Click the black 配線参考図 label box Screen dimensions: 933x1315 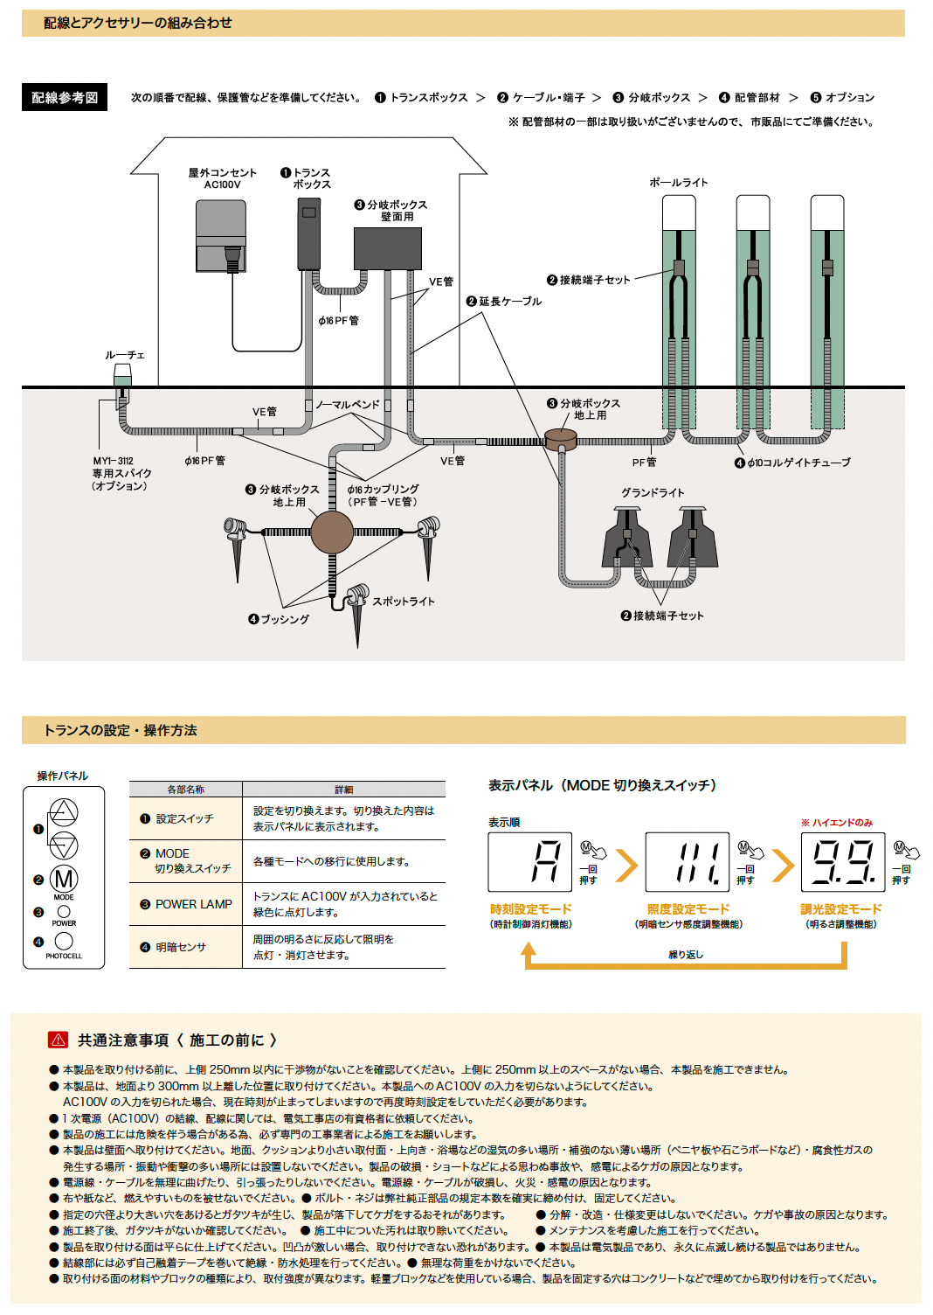pos(65,97)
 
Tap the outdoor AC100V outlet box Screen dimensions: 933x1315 pos(220,236)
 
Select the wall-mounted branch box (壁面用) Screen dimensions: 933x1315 pos(388,249)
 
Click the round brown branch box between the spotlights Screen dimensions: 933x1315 pos(332,532)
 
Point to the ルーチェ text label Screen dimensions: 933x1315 pos(124,355)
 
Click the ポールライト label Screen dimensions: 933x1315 pos(679,183)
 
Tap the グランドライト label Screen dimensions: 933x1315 pos(653,492)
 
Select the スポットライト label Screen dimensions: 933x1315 pos(404,602)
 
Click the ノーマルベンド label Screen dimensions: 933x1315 pos(348,405)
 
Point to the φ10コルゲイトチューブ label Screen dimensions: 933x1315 pos(792,463)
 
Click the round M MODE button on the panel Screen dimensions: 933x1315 pos(64,879)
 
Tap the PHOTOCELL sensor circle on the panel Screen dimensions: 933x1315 pos(64,941)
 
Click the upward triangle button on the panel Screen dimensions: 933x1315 pos(63,812)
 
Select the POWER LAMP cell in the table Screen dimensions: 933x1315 pos(186,904)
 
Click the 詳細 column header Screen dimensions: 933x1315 pos(343,790)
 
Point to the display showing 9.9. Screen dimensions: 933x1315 pos(843,862)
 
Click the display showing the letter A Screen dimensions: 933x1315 pos(529,862)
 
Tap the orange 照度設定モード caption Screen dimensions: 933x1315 pos(688,908)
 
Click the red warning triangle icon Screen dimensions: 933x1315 pos(58,1040)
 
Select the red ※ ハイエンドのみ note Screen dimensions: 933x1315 pos(837,823)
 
